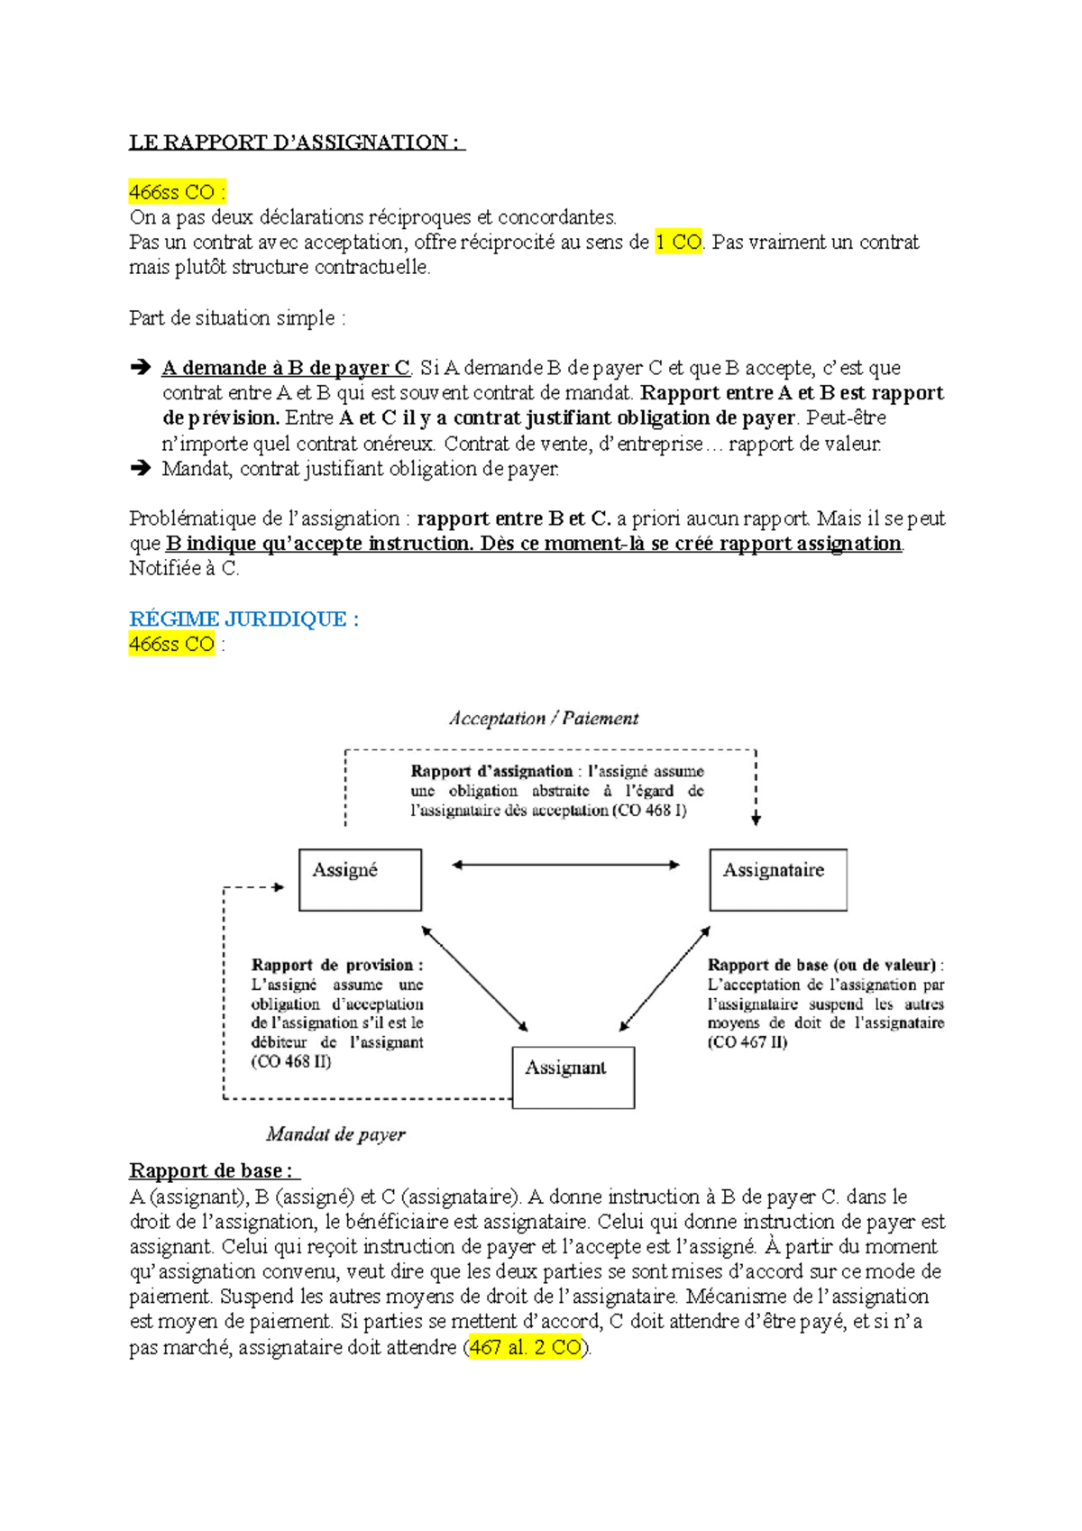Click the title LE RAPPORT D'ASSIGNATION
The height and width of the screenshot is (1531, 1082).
[x=296, y=142]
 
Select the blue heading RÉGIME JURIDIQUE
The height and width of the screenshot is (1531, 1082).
[x=243, y=619]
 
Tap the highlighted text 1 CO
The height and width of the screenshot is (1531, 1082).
[x=677, y=243]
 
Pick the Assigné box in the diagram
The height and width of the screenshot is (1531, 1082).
[x=360, y=880]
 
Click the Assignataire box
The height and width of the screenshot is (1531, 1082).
[x=777, y=880]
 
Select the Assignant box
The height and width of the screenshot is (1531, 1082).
[x=573, y=1077]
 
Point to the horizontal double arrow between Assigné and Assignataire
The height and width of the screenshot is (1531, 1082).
[x=565, y=866]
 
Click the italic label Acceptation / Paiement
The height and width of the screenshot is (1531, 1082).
[x=544, y=719]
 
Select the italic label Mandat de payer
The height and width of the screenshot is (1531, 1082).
[x=335, y=1134]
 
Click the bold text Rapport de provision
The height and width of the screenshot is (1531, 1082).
[x=336, y=965]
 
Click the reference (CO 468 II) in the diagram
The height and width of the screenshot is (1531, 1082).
[x=291, y=1062]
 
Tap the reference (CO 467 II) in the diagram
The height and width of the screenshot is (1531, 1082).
[x=747, y=1043]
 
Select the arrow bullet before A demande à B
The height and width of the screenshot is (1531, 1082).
[x=140, y=368]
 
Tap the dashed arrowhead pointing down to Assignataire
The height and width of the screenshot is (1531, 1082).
[x=756, y=818]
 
